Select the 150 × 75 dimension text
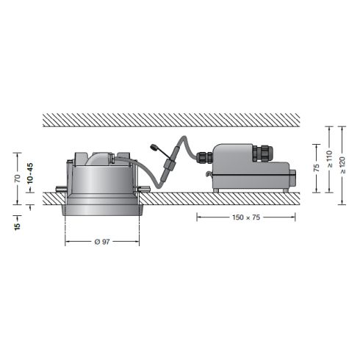[245, 218]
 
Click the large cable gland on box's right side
[261, 154]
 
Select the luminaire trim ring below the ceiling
[102, 209]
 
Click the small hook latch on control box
[209, 175]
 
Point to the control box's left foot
[218, 190]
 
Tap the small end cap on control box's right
[293, 177]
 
